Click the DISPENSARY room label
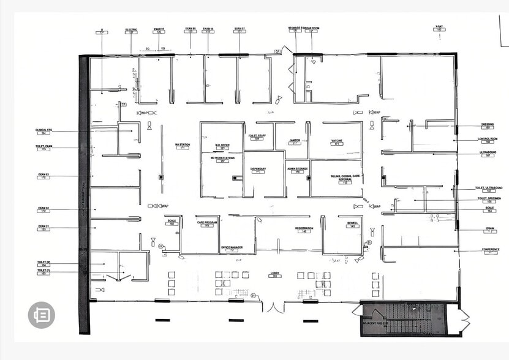258,169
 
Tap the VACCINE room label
337,141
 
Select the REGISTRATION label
304,228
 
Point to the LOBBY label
275,273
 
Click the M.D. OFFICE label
222,146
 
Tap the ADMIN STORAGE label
297,170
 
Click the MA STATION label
182,145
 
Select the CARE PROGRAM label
207,223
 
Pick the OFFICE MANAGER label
232,248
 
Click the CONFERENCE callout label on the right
490,250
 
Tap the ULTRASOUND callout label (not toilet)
488,153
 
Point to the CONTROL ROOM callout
488,140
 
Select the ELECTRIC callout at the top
131,30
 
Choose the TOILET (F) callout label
43,271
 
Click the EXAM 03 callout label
43,176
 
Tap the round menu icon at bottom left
42,315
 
